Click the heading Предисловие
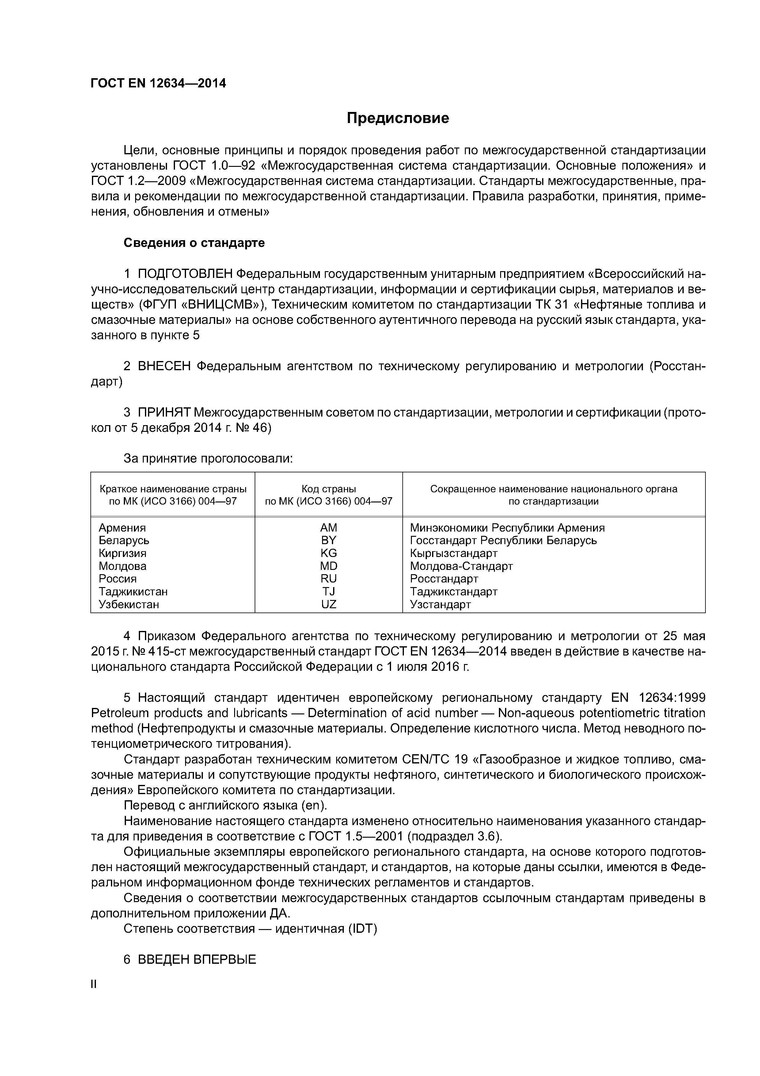397,118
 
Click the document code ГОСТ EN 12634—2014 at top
158,83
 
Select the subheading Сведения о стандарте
194,243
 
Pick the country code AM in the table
328,528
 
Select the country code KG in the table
328,553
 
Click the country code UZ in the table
328,605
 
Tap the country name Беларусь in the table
124,540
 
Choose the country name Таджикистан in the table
133,591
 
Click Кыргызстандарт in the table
453,553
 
